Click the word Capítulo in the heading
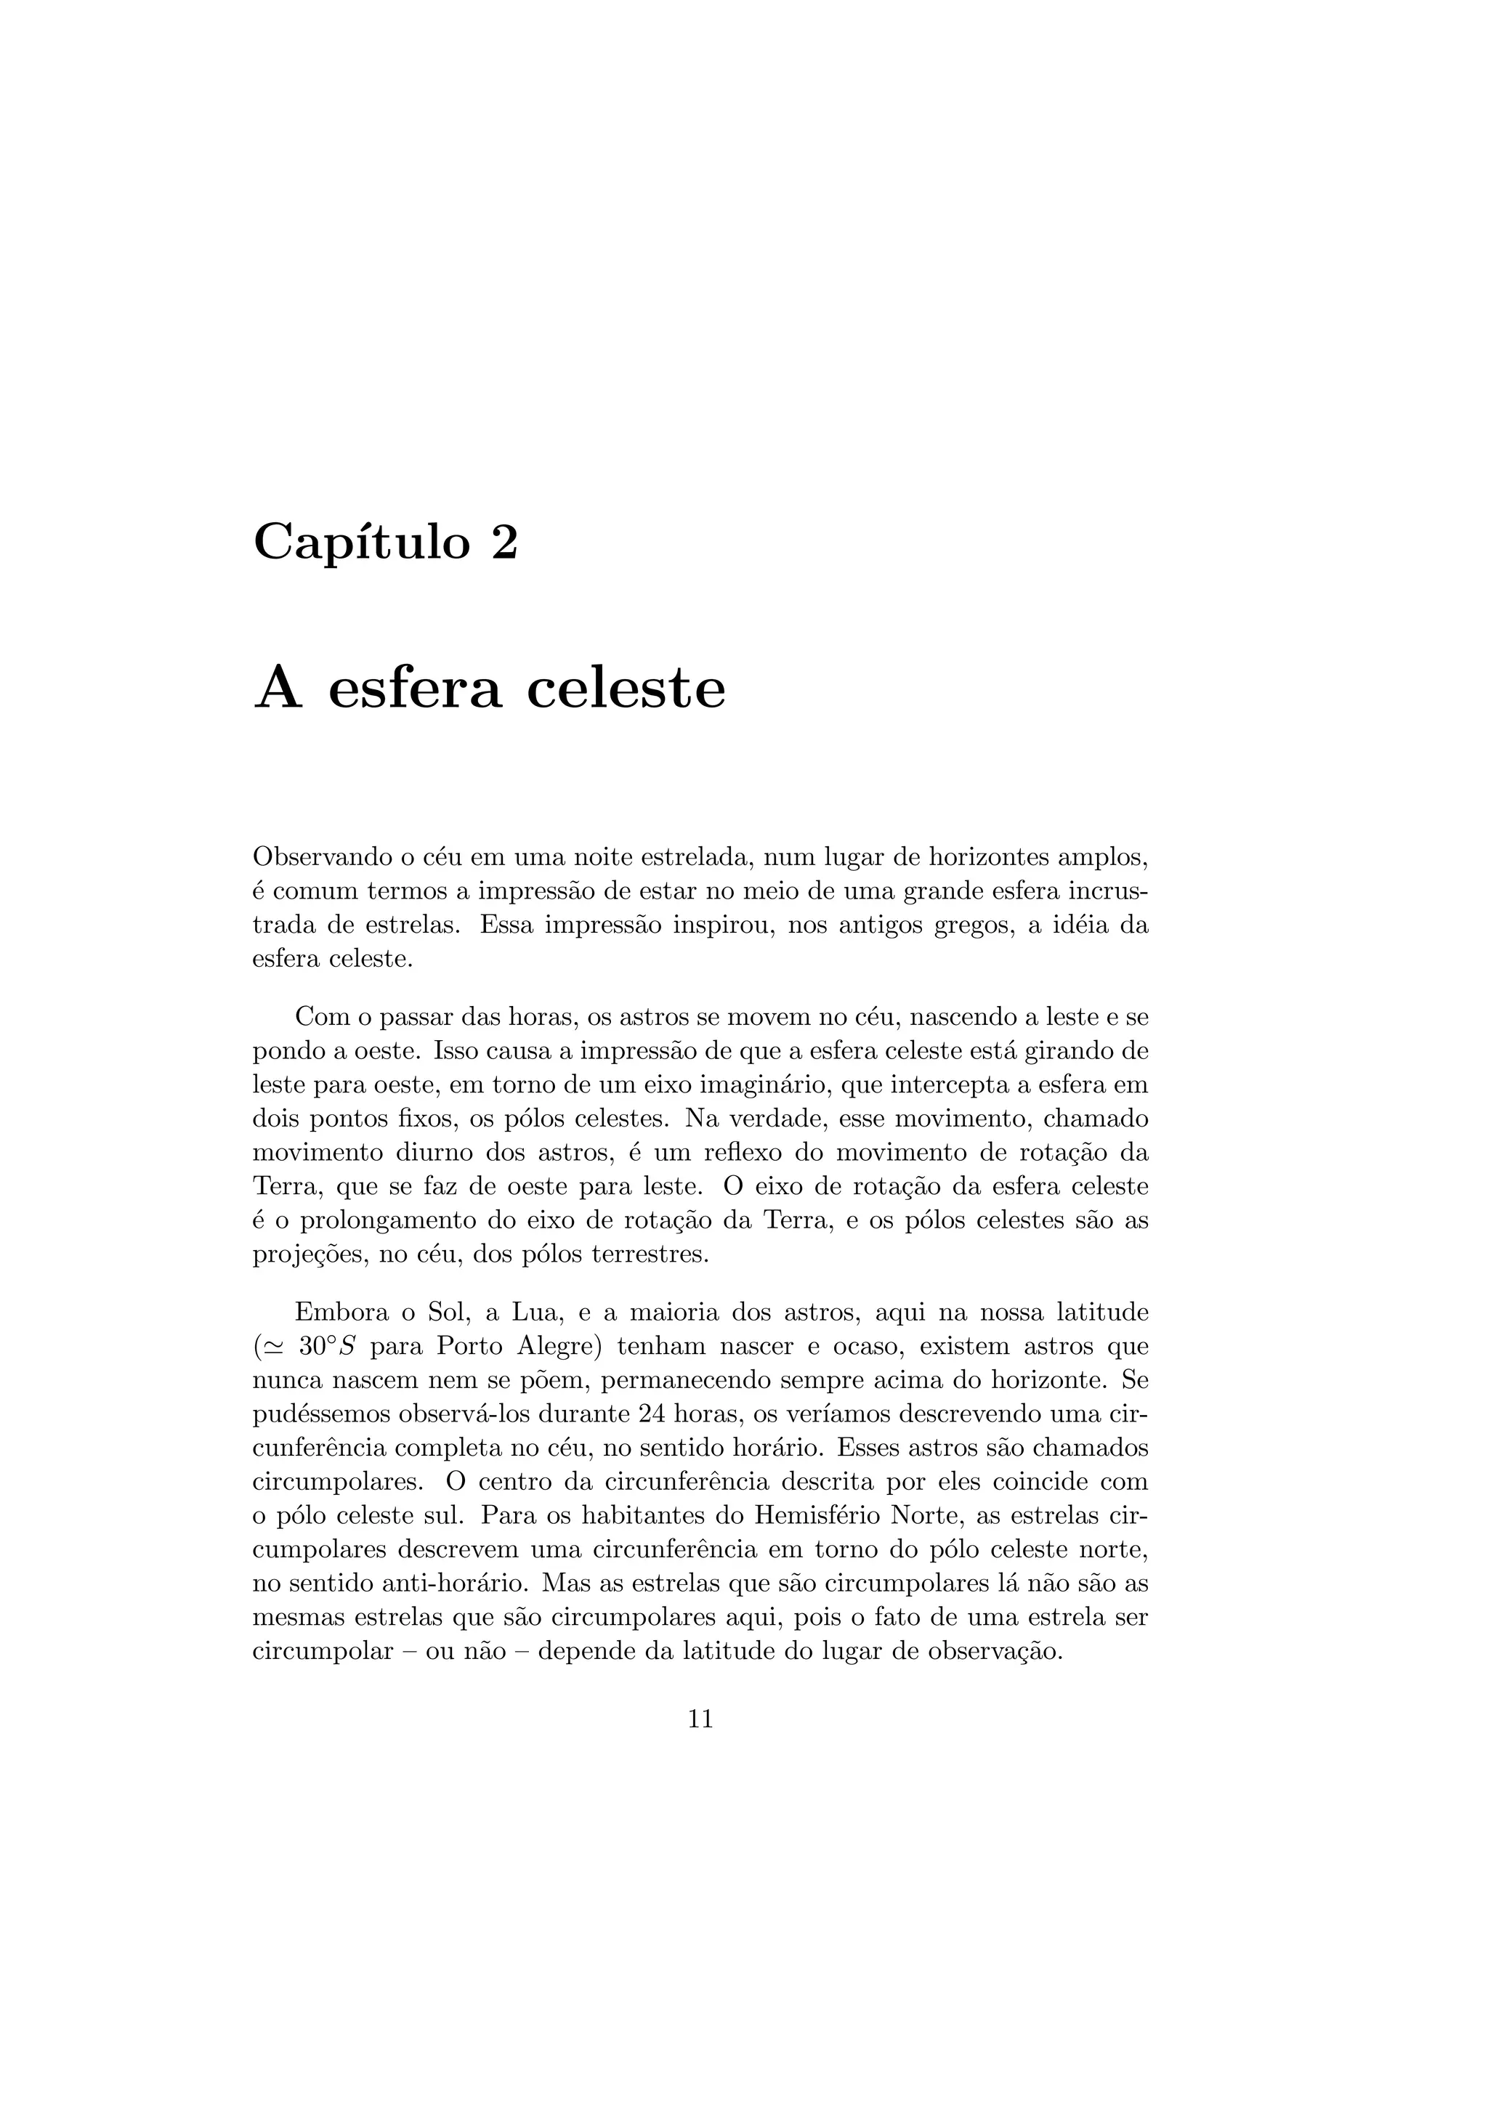360,543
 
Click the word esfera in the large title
414,689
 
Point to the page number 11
700,1719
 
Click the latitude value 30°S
327,1347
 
